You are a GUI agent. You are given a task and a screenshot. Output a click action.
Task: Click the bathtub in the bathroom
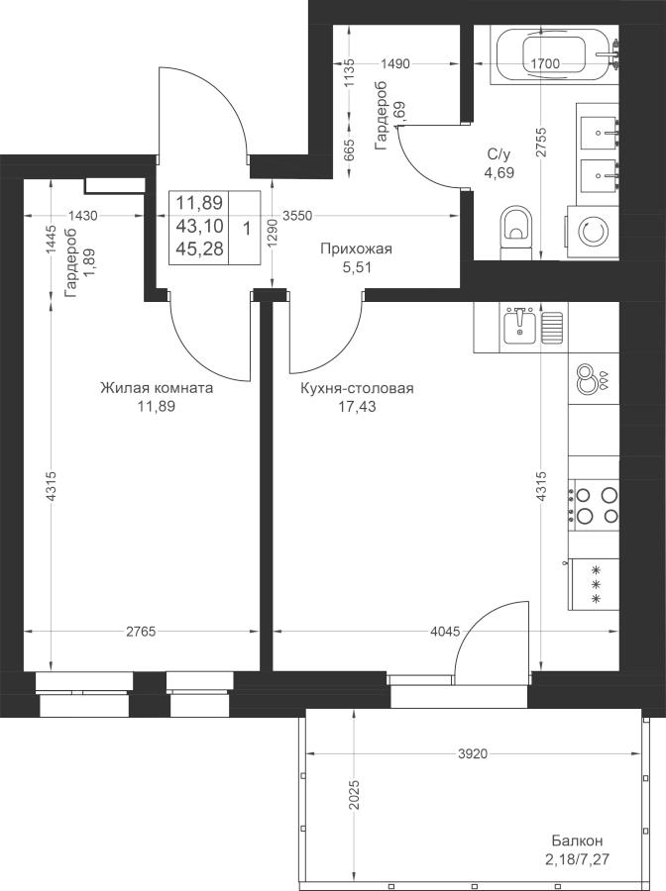pyautogui.click(x=552, y=54)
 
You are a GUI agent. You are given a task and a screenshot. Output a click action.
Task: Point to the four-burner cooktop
pyautogui.click(x=595, y=505)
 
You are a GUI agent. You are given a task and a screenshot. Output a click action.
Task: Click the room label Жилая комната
pyautogui.click(x=157, y=388)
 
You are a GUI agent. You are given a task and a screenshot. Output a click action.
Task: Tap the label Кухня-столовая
pyautogui.click(x=357, y=388)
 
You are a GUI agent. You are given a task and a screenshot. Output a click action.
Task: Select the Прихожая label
pyautogui.click(x=357, y=248)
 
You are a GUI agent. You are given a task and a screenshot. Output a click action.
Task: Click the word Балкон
pyautogui.click(x=577, y=841)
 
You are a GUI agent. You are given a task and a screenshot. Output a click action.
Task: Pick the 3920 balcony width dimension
pyautogui.click(x=473, y=753)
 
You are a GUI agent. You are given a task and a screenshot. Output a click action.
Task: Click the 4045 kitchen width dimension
pyautogui.click(x=445, y=632)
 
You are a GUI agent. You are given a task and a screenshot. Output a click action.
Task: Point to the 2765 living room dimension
pyautogui.click(x=141, y=632)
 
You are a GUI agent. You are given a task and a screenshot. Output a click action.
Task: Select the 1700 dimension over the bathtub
pyautogui.click(x=545, y=63)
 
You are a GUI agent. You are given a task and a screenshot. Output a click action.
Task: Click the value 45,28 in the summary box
pyautogui.click(x=199, y=248)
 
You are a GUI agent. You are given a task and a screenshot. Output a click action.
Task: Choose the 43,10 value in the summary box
pyautogui.click(x=199, y=226)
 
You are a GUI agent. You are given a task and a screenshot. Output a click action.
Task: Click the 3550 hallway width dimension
pyautogui.click(x=297, y=216)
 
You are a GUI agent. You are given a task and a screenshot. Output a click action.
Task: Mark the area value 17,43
pyautogui.click(x=357, y=406)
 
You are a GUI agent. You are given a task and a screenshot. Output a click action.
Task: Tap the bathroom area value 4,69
pyautogui.click(x=499, y=171)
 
